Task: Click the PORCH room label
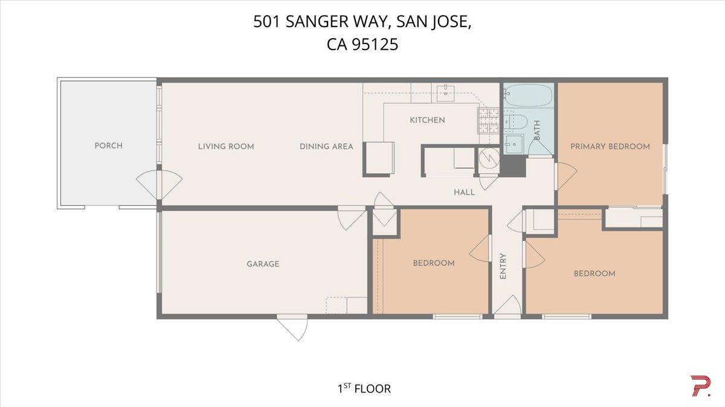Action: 108,146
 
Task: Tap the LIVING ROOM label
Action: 226,146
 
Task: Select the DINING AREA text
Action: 326,146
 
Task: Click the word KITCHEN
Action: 427,120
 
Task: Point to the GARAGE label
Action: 263,264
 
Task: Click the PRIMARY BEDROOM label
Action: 610,146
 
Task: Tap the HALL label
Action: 464,192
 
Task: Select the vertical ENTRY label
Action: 503,266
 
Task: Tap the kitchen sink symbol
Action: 445,92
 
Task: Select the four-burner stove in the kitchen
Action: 488,120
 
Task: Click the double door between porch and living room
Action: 158,185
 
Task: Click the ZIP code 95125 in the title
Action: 379,44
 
